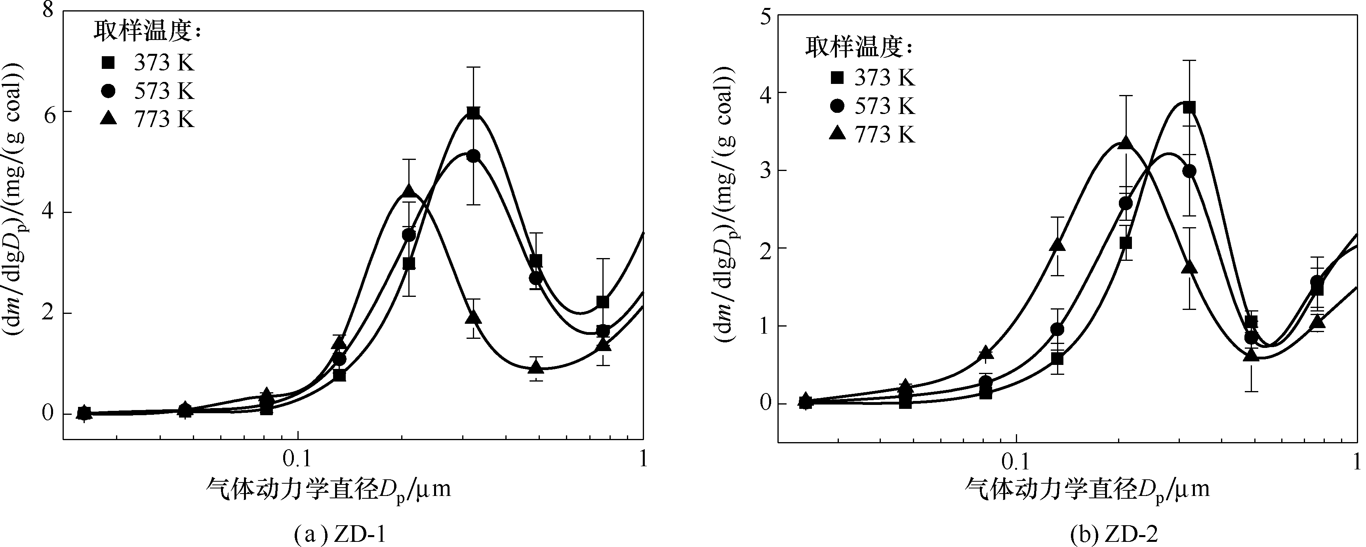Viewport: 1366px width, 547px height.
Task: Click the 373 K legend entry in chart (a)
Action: tap(149, 63)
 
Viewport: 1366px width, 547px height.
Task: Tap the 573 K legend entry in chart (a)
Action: tap(149, 91)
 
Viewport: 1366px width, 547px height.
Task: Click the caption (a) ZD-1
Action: tap(340, 536)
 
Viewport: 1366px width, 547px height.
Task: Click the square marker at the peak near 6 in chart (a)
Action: tap(474, 112)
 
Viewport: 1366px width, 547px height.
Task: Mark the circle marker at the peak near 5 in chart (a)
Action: tap(474, 156)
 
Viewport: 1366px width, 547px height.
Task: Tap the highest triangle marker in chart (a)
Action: tap(408, 191)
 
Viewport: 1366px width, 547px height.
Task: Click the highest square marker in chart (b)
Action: tap(1189, 108)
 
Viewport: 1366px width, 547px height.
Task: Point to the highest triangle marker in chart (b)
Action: tap(1125, 143)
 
